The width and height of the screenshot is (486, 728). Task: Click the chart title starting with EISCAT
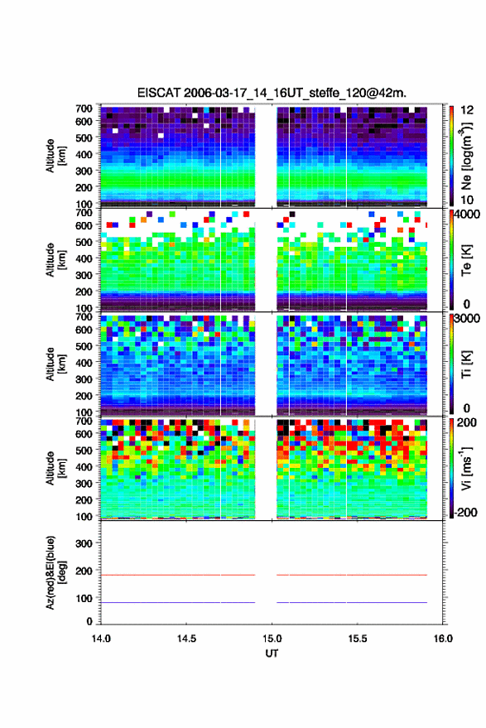click(x=272, y=93)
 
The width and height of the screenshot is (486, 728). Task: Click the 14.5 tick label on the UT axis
click(x=186, y=639)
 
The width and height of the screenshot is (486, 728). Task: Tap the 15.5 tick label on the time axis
click(x=358, y=639)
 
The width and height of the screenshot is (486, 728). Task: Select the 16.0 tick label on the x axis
click(x=443, y=639)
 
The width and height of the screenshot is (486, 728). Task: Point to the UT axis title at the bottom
click(x=272, y=653)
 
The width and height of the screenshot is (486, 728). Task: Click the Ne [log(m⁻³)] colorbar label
click(x=466, y=156)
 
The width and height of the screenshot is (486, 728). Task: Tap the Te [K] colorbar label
click(x=466, y=260)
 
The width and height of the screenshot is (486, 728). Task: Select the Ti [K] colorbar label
click(x=466, y=364)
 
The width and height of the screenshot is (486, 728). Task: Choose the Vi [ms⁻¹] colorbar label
click(x=466, y=468)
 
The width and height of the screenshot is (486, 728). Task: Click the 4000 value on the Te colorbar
click(x=466, y=214)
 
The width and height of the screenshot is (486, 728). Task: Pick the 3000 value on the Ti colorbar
click(x=466, y=319)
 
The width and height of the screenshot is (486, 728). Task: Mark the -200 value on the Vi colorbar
click(x=465, y=512)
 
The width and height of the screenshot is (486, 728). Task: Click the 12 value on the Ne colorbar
click(x=467, y=110)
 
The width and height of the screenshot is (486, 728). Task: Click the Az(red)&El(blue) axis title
click(x=55, y=573)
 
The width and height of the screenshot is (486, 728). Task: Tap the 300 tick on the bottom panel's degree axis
click(x=84, y=543)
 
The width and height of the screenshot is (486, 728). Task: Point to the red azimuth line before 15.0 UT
click(x=178, y=575)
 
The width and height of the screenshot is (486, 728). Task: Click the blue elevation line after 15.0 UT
click(x=352, y=602)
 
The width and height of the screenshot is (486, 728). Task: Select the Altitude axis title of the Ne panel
click(x=55, y=156)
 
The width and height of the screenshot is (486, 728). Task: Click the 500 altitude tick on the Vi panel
click(x=84, y=450)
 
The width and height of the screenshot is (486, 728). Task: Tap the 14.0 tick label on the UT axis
click(x=101, y=639)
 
